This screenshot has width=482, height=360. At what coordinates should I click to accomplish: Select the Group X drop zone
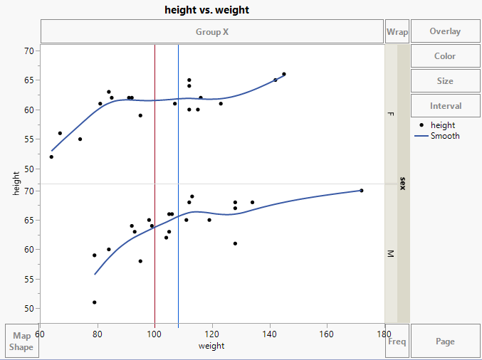[x=212, y=31]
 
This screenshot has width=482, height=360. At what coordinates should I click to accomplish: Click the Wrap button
[x=397, y=31]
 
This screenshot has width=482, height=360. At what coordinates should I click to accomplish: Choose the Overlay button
[x=445, y=31]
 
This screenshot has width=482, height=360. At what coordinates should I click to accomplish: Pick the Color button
[x=445, y=56]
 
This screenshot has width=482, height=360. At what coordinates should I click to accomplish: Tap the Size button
[x=445, y=81]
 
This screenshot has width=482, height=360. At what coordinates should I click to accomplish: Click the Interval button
[x=445, y=106]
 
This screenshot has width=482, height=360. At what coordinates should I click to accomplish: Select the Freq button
[x=397, y=342]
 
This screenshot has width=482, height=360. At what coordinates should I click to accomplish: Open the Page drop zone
[x=445, y=342]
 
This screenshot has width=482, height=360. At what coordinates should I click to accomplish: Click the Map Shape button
[x=21, y=342]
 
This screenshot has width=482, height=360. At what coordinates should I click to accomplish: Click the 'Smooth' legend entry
[x=445, y=136]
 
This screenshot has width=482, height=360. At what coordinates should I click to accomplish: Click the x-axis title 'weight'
[x=211, y=346]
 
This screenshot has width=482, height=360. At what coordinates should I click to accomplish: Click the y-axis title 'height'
[x=16, y=184]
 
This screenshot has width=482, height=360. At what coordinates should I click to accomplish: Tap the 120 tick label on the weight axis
[x=212, y=333]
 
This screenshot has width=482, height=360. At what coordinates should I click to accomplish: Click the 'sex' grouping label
[x=403, y=184]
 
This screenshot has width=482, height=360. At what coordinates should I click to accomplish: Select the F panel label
[x=390, y=114]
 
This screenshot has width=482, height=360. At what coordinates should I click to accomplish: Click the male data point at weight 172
[x=362, y=190]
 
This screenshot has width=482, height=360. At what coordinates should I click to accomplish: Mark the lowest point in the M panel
[x=94, y=302]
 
